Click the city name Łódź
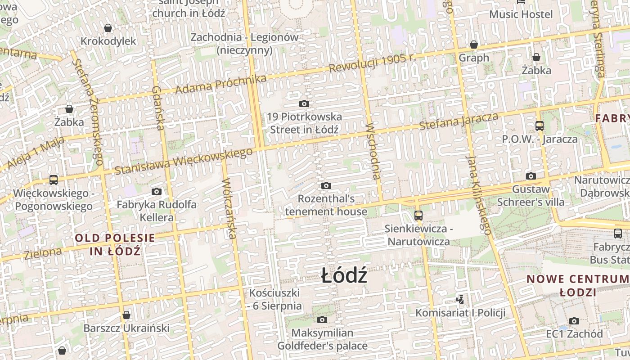[344, 275]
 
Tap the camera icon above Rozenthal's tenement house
[326, 185]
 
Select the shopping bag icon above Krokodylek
[108, 28]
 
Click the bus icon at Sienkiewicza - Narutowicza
[418, 215]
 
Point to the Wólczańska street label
[229, 209]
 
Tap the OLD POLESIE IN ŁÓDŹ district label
[115, 244]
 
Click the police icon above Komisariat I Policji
[460, 299]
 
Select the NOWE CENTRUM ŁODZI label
[578, 285]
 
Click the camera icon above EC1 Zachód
[574, 321]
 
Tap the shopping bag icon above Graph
[474, 45]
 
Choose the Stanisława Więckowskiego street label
[183, 161]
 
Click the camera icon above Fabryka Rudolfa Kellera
[157, 191]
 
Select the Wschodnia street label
[373, 151]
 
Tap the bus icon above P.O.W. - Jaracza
[540, 126]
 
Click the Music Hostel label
[521, 14]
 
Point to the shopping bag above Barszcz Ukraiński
[126, 315]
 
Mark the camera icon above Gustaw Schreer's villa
[531, 176]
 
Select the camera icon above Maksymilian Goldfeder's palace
[322, 319]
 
